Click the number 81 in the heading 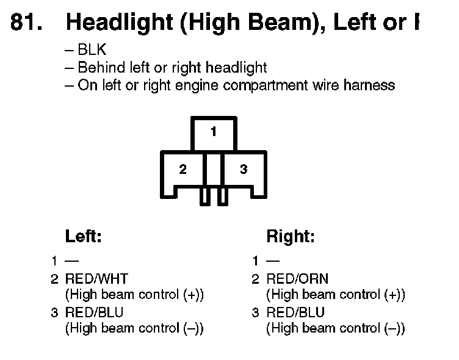(x=26, y=23)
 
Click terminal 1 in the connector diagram (x=214, y=132)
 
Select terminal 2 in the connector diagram (x=183, y=170)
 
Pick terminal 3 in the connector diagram (x=244, y=170)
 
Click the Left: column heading (x=83, y=237)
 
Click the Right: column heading (x=291, y=237)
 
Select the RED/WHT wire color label (x=97, y=279)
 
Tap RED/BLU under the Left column (x=95, y=312)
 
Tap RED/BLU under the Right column (x=296, y=312)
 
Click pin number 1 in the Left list (x=54, y=261)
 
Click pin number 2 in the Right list (x=256, y=279)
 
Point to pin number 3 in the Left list (x=54, y=312)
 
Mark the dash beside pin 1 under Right (x=272, y=261)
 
